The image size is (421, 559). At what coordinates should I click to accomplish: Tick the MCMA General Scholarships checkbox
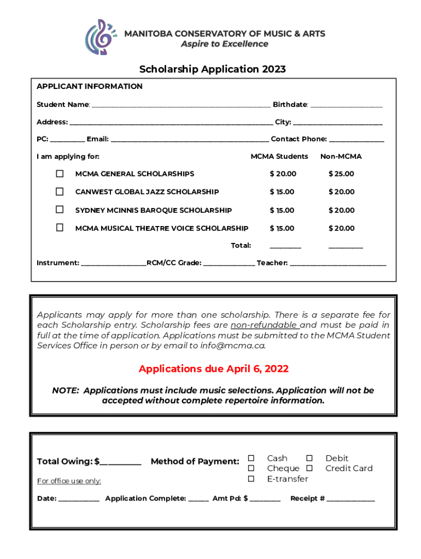pyautogui.click(x=60, y=174)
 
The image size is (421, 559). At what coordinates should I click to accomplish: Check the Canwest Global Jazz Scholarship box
pyautogui.click(x=60, y=192)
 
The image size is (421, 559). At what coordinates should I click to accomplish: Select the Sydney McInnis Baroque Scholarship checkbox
pyautogui.click(x=60, y=210)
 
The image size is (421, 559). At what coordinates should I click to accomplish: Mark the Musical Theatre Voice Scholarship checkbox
pyautogui.click(x=60, y=228)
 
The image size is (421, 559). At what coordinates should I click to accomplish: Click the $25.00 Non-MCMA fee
pyautogui.click(x=341, y=174)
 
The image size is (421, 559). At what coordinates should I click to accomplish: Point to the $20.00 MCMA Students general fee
pyautogui.click(x=283, y=174)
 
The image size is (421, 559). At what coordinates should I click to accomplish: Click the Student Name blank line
pyautogui.click(x=180, y=105)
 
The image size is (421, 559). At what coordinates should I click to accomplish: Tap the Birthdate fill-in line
pyautogui.click(x=346, y=105)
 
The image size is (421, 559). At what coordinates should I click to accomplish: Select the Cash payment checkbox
pyautogui.click(x=252, y=458)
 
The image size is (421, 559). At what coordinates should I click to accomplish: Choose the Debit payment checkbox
pyautogui.click(x=309, y=458)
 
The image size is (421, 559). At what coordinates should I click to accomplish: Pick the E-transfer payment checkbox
pyautogui.click(x=252, y=479)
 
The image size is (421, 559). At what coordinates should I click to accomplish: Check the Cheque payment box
pyautogui.click(x=252, y=468)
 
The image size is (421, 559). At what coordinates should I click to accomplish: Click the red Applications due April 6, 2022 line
pyautogui.click(x=213, y=369)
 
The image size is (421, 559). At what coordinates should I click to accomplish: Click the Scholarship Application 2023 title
pyautogui.click(x=213, y=69)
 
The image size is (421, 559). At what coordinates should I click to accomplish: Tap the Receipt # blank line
pyautogui.click(x=351, y=499)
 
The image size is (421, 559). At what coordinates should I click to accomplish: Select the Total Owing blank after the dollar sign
pyautogui.click(x=121, y=463)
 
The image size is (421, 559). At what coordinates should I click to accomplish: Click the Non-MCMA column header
pyautogui.click(x=341, y=157)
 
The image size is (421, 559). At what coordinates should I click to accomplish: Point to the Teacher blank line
pyautogui.click(x=338, y=264)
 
